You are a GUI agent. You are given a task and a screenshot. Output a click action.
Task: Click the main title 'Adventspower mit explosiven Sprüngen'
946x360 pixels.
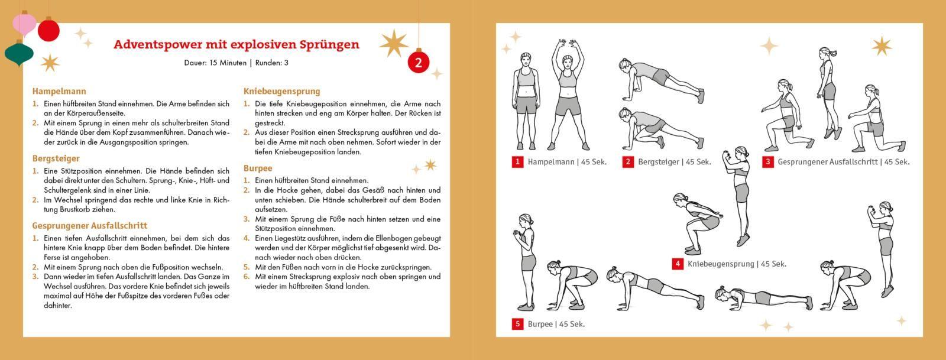click(x=236, y=44)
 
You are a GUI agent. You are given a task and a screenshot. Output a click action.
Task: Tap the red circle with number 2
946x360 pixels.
click(x=419, y=62)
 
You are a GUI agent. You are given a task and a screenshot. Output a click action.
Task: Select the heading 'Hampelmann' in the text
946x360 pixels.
click(x=59, y=91)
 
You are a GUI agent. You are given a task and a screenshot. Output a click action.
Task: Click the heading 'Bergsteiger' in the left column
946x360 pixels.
click(x=56, y=158)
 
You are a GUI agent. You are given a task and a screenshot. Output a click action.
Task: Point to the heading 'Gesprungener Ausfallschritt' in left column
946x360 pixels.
click(x=89, y=225)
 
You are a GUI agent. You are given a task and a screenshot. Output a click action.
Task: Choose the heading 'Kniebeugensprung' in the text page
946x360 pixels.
click(x=281, y=91)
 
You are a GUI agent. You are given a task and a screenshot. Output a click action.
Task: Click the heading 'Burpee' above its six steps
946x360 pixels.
click(x=258, y=168)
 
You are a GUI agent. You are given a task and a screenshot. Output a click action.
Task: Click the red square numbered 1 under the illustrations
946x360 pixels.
click(x=517, y=162)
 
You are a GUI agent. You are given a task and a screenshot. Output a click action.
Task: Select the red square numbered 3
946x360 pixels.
click(x=767, y=162)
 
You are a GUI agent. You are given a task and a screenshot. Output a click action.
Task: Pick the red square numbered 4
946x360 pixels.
click(x=678, y=264)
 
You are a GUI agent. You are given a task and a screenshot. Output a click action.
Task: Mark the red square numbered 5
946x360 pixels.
click(x=517, y=324)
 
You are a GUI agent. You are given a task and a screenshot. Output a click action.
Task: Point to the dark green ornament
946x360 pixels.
click(x=18, y=54)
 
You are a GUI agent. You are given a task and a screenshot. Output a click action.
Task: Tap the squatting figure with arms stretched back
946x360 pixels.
click(x=698, y=222)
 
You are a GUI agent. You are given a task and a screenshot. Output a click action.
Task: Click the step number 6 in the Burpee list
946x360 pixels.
click(x=247, y=277)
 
